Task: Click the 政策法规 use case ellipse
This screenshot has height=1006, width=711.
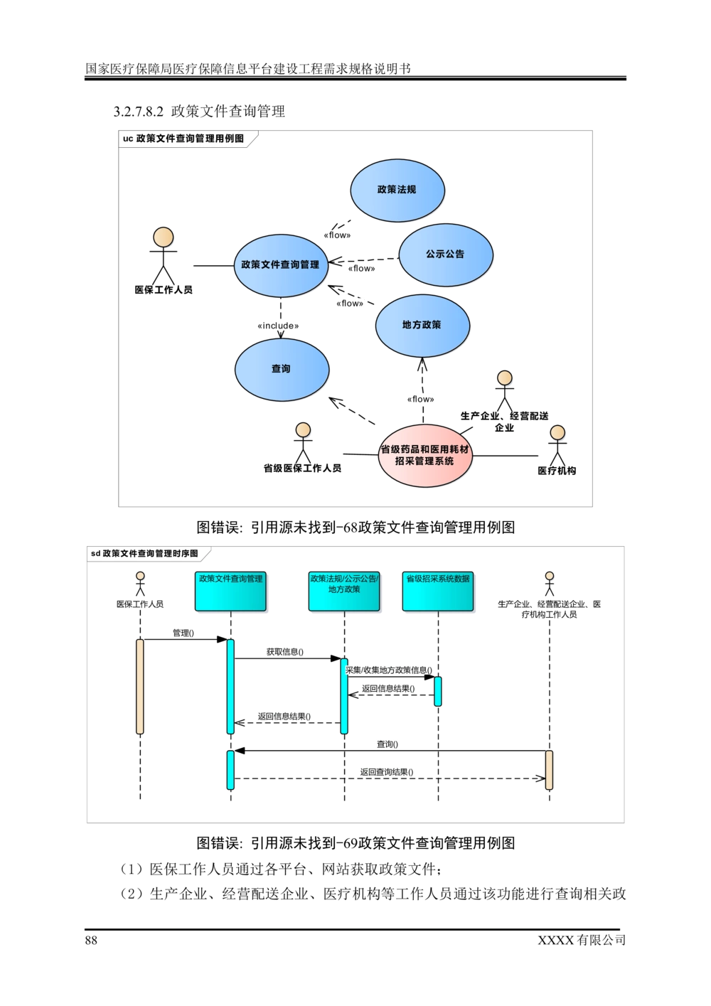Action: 397,190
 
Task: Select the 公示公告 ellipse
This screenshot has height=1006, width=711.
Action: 445,254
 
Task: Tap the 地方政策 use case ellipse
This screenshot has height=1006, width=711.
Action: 422,325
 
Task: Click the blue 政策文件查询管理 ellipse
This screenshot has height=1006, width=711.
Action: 280,264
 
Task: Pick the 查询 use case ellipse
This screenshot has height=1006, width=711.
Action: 281,369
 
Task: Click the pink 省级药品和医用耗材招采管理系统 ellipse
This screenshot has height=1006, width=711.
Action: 425,456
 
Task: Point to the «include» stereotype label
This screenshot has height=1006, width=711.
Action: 278,326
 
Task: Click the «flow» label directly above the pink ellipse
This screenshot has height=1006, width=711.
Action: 420,400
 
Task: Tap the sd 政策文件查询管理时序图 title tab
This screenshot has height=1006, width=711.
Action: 148,554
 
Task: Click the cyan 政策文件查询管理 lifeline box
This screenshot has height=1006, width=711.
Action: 230,591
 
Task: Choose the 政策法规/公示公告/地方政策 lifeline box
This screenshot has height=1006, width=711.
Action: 344,591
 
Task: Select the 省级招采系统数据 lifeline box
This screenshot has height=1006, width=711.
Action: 438,591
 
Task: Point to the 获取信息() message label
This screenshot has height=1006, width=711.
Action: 285,651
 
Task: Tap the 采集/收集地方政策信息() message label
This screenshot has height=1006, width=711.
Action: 389,670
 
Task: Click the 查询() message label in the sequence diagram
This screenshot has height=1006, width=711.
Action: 387,744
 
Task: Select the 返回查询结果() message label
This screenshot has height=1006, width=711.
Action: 386,772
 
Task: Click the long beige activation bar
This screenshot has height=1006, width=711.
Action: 140,686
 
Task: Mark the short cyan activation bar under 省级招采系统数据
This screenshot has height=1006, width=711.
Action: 438,691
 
